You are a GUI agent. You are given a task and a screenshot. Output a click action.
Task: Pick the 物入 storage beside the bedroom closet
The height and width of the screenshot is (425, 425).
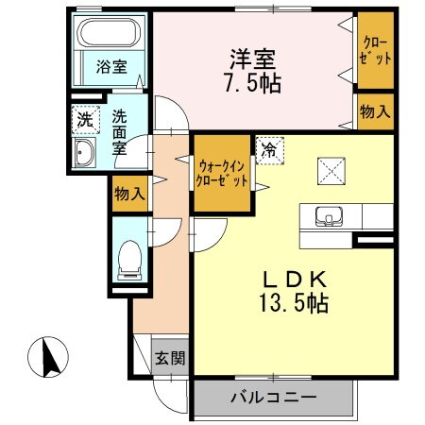tap(375, 111)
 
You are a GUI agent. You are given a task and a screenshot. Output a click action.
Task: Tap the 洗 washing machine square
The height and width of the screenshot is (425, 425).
tap(85, 120)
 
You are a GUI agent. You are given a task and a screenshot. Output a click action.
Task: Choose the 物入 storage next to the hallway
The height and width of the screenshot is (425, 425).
tap(128, 194)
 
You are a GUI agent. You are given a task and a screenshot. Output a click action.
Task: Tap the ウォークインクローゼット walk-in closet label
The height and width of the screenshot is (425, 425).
tap(222, 174)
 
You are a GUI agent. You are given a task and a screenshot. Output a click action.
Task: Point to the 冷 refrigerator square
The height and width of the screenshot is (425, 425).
tap(269, 148)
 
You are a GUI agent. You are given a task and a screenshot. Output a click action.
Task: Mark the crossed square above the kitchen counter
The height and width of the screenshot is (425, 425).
tap(332, 170)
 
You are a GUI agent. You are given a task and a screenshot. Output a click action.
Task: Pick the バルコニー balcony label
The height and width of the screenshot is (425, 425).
tap(273, 396)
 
